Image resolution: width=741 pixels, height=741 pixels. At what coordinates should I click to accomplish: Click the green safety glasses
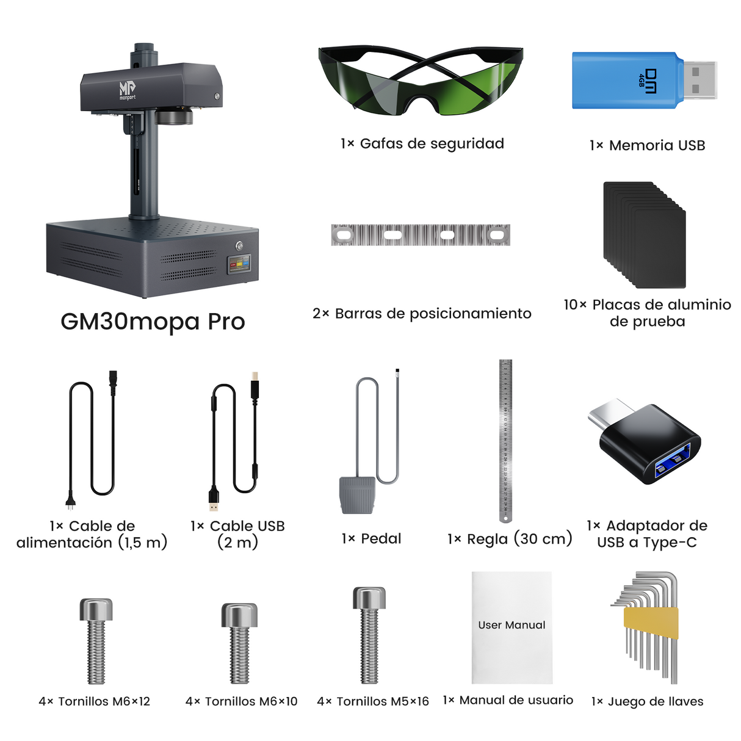421,79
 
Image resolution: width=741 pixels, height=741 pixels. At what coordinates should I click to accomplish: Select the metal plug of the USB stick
699,80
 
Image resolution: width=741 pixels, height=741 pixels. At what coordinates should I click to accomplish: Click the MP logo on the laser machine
127,90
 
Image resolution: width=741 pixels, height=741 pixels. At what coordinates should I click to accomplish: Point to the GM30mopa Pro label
153,322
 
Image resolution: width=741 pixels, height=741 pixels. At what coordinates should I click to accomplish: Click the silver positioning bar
421,235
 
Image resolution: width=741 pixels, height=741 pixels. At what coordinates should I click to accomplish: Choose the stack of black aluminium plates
645,235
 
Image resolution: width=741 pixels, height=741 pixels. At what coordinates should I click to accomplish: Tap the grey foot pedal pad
356,495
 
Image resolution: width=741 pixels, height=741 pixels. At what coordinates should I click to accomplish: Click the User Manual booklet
512,627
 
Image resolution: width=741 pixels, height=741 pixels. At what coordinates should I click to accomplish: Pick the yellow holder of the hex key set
651,623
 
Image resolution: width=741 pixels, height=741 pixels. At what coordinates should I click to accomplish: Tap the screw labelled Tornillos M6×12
96,641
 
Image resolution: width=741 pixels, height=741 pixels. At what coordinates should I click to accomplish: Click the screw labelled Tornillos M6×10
239,644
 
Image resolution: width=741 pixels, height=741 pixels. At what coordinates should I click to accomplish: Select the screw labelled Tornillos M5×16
369,635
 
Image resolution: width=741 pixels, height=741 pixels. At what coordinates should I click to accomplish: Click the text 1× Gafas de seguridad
422,144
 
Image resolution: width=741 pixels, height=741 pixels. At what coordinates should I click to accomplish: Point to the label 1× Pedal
371,539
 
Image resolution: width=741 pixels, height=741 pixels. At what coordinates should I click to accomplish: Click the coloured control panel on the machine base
239,265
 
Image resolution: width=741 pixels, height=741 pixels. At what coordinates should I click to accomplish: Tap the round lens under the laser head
175,116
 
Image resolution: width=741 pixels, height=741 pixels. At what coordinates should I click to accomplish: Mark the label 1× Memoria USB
647,146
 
